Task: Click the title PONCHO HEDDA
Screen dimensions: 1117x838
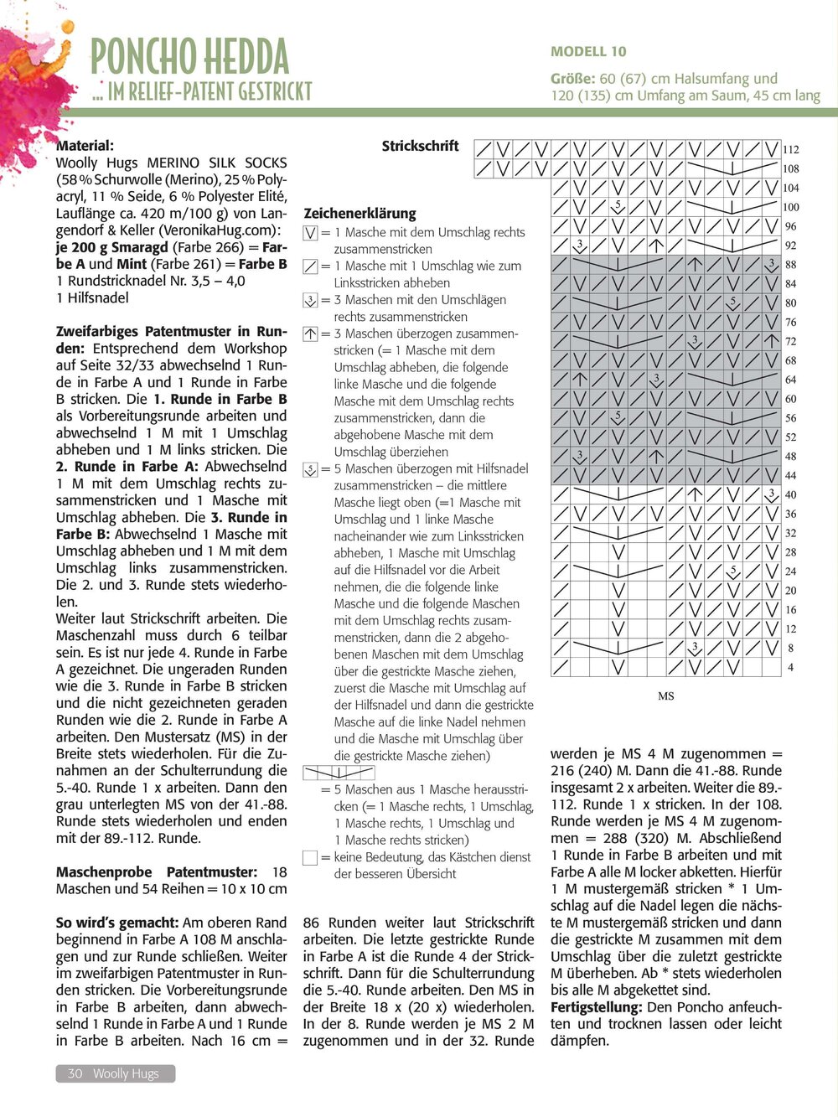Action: point(189,57)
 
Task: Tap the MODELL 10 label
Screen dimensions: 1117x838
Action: point(588,51)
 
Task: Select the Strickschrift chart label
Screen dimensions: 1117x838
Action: point(420,146)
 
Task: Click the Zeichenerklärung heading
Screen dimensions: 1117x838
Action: point(360,213)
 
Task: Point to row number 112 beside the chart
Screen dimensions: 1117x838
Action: point(791,150)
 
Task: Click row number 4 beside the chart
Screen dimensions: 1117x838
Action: point(791,668)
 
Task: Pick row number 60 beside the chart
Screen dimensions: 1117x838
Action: point(791,399)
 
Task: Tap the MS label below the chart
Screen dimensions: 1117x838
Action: point(666,696)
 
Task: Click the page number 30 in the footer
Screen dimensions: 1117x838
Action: point(75,1073)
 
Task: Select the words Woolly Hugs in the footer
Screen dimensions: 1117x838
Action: point(126,1073)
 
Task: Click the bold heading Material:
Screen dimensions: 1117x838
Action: point(85,146)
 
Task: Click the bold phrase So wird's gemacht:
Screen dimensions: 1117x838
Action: point(117,923)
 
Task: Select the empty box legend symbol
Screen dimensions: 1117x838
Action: point(310,857)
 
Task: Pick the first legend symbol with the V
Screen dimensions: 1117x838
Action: point(310,233)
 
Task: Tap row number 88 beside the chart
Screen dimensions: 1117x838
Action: point(791,265)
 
